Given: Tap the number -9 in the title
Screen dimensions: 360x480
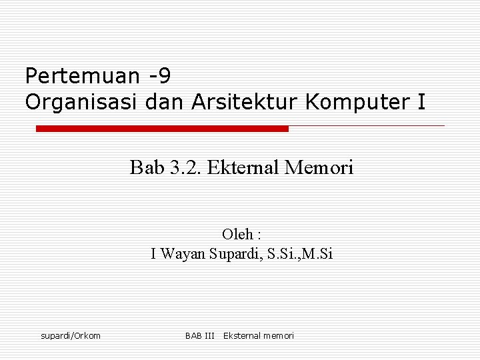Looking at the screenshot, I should tap(159, 77).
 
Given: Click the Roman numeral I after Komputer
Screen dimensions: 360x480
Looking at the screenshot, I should tap(421, 102).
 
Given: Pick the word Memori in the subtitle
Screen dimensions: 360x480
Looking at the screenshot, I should tap(319, 167).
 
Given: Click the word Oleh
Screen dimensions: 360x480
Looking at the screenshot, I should tap(237, 234).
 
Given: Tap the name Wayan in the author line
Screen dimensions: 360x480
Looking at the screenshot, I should tap(183, 253).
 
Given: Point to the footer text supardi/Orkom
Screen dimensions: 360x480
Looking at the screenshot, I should tap(71, 335).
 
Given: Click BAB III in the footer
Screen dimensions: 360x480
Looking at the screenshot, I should tap(199, 335).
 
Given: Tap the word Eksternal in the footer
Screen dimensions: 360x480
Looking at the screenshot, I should tap(243, 335).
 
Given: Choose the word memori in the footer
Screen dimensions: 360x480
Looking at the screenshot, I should tap(279, 335).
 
